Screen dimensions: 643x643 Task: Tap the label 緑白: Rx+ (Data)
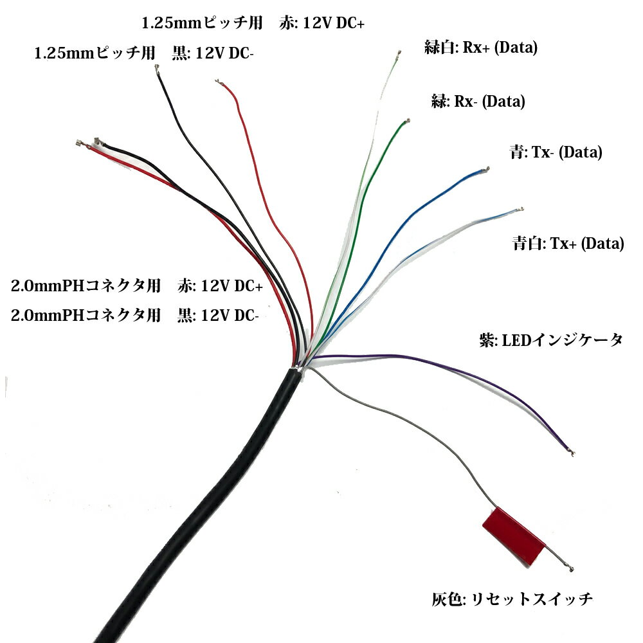pyautogui.click(x=480, y=48)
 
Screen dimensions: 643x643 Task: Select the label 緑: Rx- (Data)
pyautogui.click(x=478, y=101)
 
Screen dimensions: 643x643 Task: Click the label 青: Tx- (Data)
pyautogui.click(x=555, y=152)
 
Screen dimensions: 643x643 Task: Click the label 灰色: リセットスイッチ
pyautogui.click(x=512, y=600)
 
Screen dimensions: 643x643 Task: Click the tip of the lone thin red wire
pyautogui.click(x=218, y=82)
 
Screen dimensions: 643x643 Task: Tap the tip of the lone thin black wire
pyautogui.click(x=158, y=71)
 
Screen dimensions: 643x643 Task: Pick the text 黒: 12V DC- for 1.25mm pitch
pyautogui.click(x=213, y=54)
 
